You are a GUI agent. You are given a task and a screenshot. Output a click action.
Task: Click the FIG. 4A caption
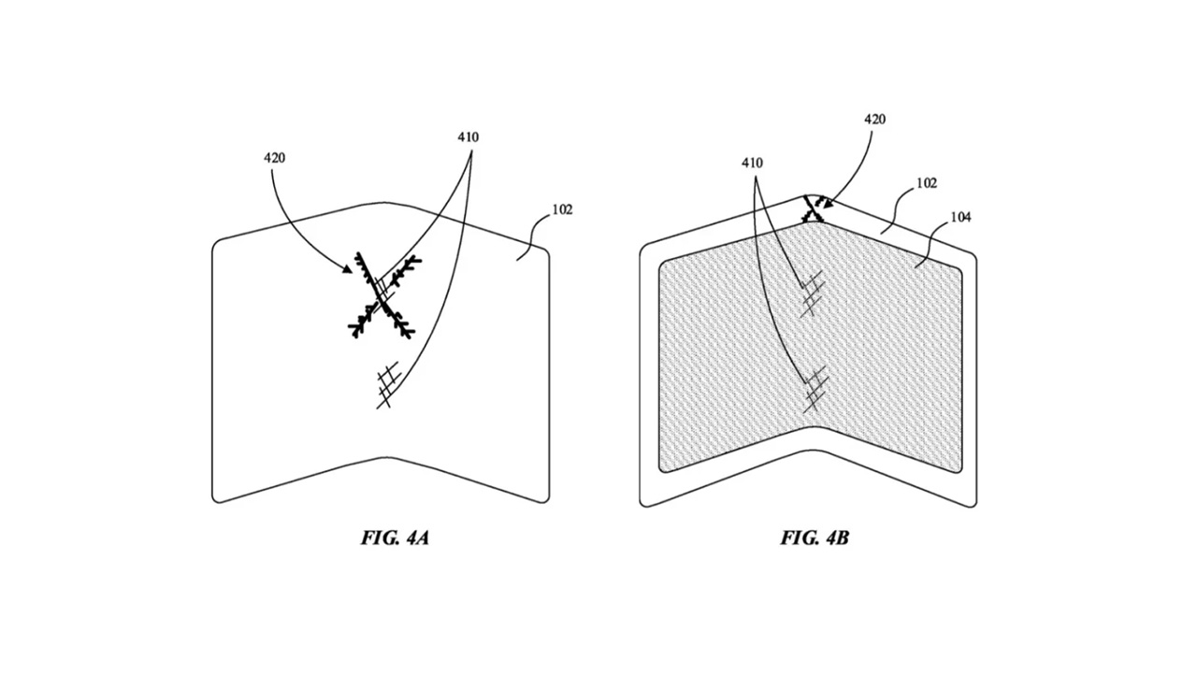pyautogui.click(x=395, y=537)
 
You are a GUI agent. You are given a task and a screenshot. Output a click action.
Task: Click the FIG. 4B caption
pyautogui.click(x=815, y=537)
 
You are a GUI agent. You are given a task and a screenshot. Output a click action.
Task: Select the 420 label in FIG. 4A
pyautogui.click(x=275, y=158)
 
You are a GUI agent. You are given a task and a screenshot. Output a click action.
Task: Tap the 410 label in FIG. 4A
pyautogui.click(x=469, y=137)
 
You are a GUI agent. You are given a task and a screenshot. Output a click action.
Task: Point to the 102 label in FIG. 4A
pyautogui.click(x=562, y=209)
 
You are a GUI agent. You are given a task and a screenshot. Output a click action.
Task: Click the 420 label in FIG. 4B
pyautogui.click(x=874, y=119)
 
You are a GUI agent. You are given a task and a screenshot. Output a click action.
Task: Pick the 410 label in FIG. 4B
pyautogui.click(x=752, y=163)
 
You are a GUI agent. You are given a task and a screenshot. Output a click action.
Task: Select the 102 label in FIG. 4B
pyautogui.click(x=927, y=183)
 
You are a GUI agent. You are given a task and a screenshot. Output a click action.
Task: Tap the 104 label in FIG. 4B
pyautogui.click(x=960, y=218)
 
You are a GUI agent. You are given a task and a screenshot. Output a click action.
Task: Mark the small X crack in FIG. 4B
pyautogui.click(x=813, y=210)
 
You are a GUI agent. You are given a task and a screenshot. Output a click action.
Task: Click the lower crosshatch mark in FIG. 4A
pyautogui.click(x=388, y=385)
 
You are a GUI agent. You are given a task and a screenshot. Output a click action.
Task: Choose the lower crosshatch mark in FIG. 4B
pyautogui.click(x=815, y=388)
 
